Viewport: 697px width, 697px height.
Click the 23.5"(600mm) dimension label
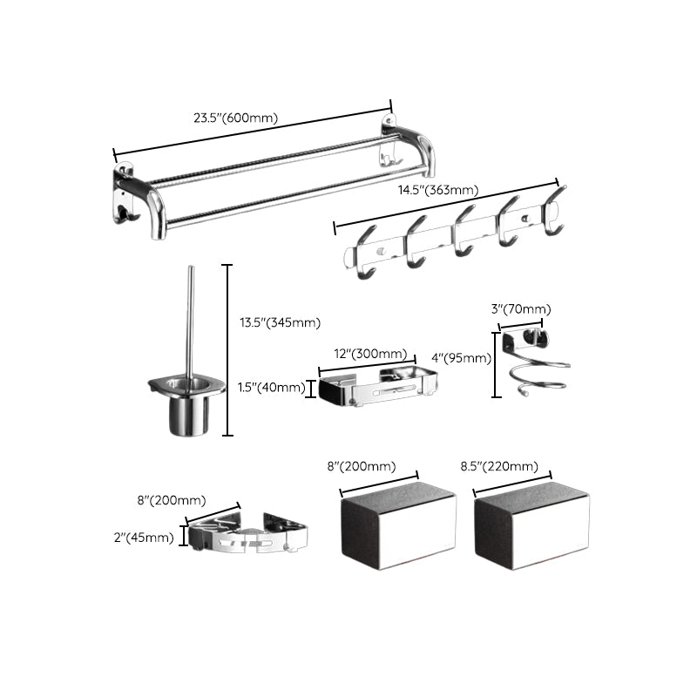(x=237, y=118)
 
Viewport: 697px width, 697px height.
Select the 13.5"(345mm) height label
(x=280, y=323)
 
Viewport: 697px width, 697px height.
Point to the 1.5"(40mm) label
(x=272, y=388)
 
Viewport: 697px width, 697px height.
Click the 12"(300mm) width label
(x=370, y=353)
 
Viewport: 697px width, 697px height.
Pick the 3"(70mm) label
(x=522, y=309)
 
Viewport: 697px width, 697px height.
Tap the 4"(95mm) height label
(x=461, y=358)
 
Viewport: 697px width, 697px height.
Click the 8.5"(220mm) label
(x=499, y=467)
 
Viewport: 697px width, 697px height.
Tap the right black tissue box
(x=531, y=528)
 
